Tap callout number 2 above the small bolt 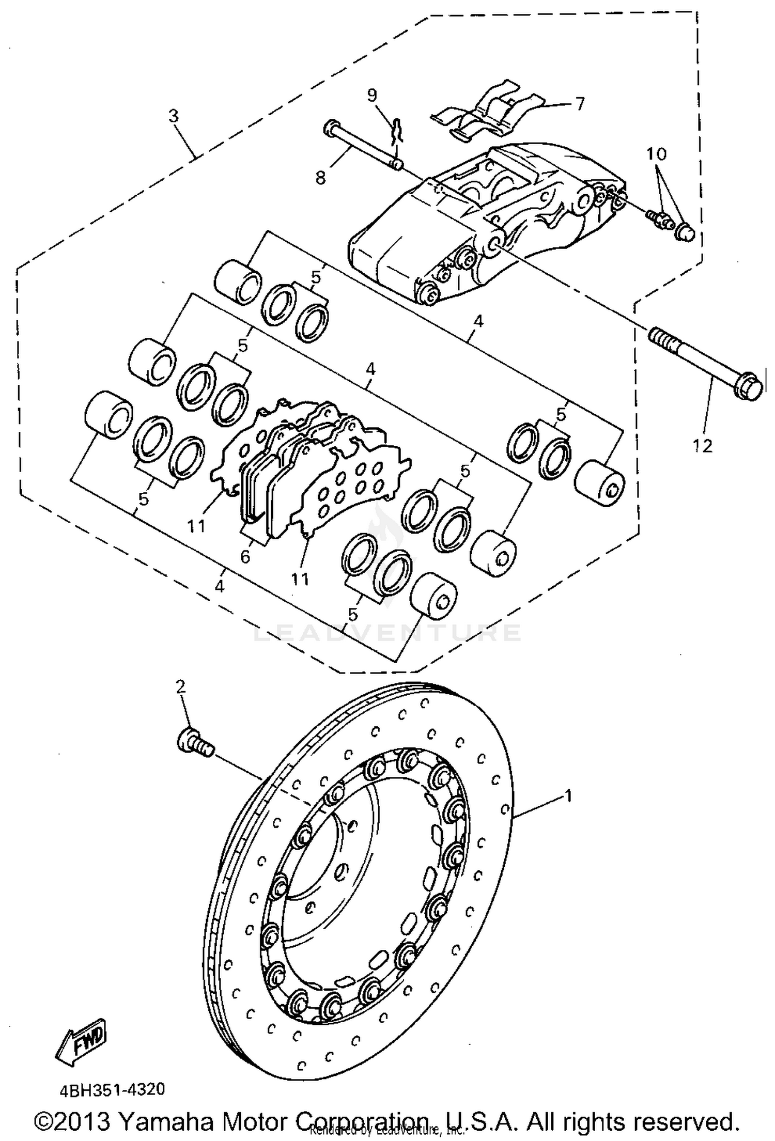coord(180,686)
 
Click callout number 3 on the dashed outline coord(174,116)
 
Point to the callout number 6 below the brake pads coord(245,556)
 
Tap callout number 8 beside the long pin coord(320,178)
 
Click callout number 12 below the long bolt coord(704,445)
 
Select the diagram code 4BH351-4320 coord(112,1090)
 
